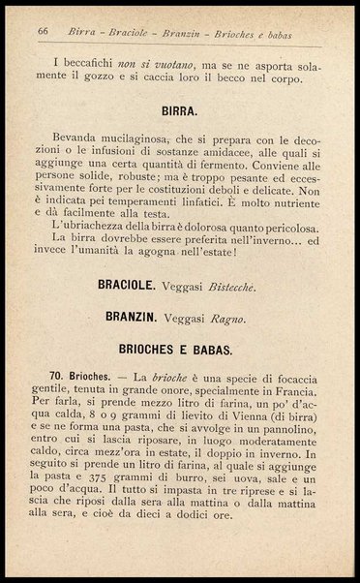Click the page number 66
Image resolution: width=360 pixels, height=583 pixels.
point(43,31)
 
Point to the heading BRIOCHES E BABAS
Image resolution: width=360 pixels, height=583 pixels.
point(179,345)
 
